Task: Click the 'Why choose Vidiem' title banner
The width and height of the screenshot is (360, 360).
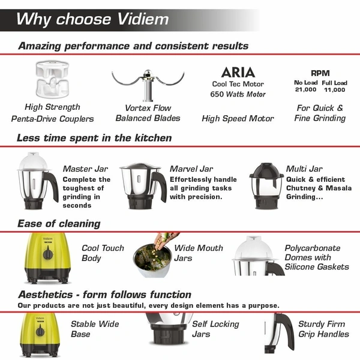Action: click(x=90, y=19)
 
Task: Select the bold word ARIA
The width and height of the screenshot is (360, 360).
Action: click(x=238, y=73)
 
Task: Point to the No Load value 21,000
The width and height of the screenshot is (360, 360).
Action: click(x=305, y=89)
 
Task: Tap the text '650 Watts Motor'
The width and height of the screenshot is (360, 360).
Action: click(x=238, y=94)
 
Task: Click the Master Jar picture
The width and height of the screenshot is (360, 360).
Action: click(x=35, y=181)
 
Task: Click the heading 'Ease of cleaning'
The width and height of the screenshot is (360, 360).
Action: click(x=59, y=224)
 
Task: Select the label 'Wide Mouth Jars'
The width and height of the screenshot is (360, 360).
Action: click(x=199, y=253)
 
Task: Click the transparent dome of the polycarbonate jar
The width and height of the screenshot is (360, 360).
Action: click(x=256, y=248)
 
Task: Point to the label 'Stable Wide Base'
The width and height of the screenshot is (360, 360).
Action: click(x=95, y=329)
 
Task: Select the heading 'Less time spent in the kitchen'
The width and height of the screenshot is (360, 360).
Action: click(x=94, y=138)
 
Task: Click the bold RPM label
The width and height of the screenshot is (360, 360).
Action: click(x=320, y=73)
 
